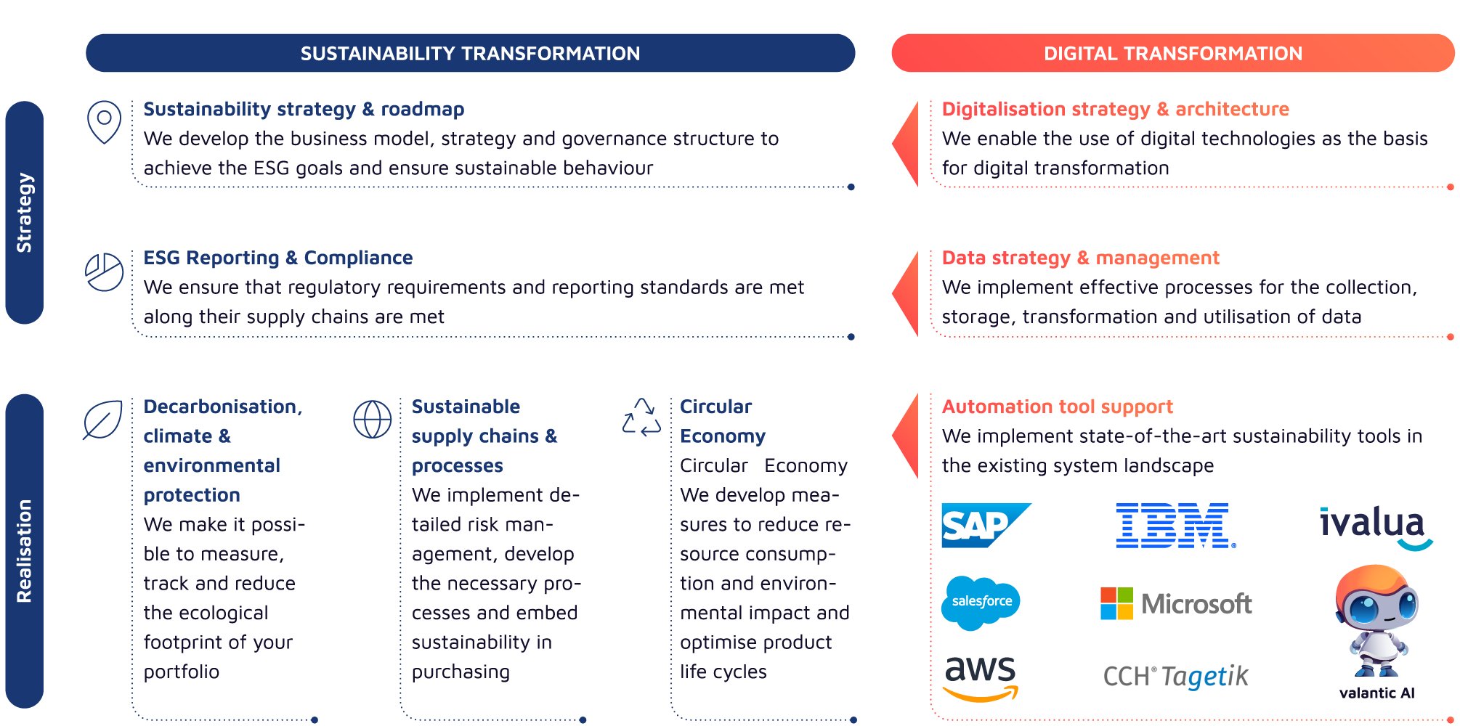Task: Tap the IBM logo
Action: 1175,525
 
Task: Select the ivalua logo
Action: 1376,526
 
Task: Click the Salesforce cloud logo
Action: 981,602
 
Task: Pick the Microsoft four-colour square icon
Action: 1116,603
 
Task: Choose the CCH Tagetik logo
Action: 1175,677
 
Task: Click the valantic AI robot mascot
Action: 1376,621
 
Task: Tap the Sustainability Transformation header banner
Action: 470,53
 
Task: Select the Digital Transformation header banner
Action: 1172,53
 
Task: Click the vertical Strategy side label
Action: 24,212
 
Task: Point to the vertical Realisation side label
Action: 24,550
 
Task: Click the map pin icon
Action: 104,121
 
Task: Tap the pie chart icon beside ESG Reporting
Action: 104,272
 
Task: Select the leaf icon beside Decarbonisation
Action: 102,420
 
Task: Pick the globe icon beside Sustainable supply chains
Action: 372,419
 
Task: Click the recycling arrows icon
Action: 641,417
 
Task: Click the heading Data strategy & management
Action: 1079,258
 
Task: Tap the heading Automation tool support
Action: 1057,407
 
